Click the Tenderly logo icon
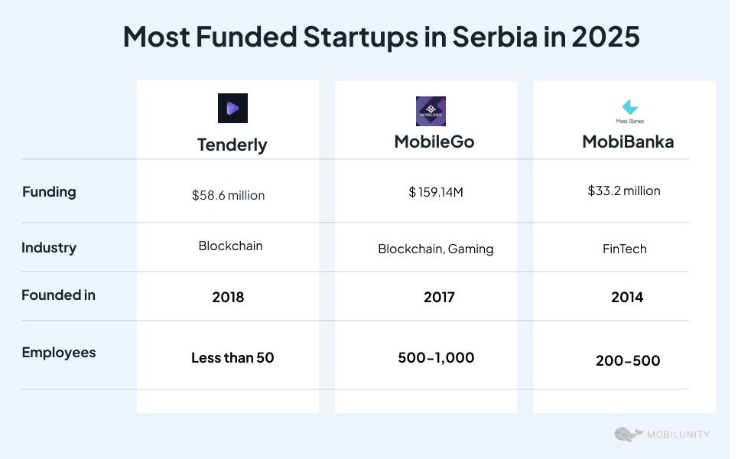[232, 108]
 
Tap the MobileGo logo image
[431, 111]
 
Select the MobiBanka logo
[629, 111]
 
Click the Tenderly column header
[232, 145]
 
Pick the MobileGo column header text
[434, 142]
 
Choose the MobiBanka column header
[628, 142]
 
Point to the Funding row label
[49, 192]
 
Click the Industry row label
[49, 248]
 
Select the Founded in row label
[58, 295]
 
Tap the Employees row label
[59, 353]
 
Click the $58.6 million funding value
[228, 196]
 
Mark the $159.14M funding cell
[436, 192]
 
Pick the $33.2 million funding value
[624, 191]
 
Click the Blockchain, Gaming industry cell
[436, 249]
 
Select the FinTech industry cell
[625, 249]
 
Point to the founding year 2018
[228, 298]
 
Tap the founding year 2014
[627, 298]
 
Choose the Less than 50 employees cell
[232, 358]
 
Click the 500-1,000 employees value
[436, 358]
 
